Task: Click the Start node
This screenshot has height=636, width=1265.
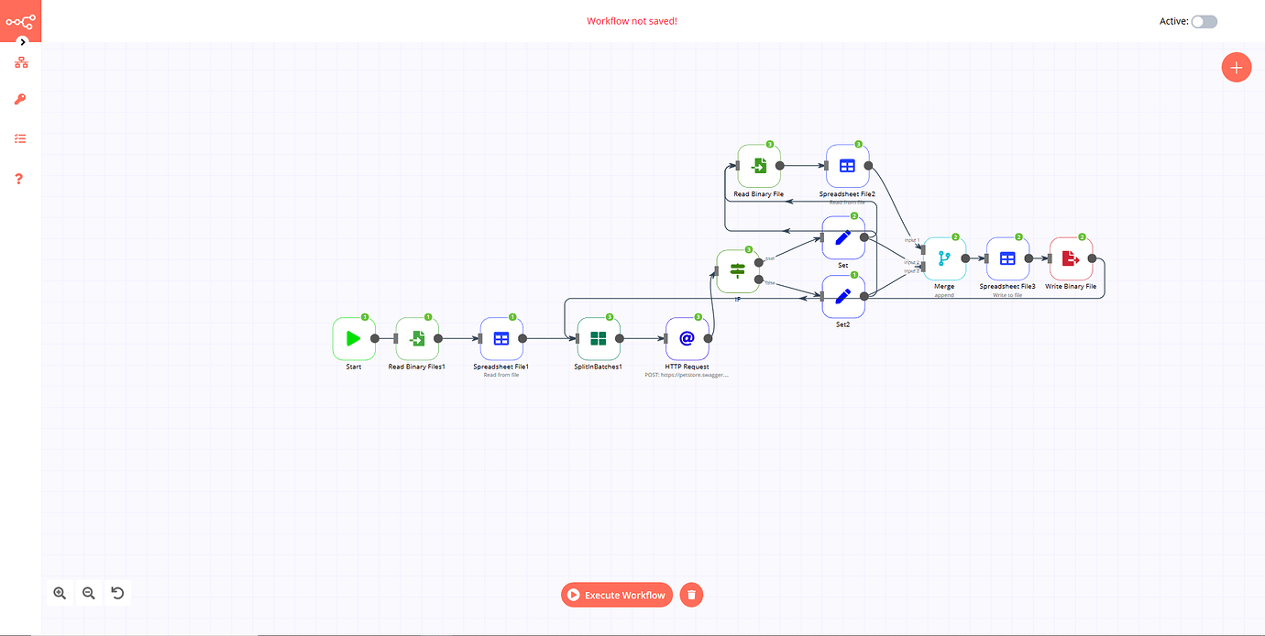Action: (x=354, y=338)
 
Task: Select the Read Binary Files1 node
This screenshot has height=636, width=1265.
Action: (x=417, y=338)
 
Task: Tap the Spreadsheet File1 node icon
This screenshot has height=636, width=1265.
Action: (x=501, y=338)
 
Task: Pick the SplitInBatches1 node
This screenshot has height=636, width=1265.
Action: (x=599, y=338)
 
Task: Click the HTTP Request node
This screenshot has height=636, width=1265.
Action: (x=687, y=338)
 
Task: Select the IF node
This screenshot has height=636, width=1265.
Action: (x=738, y=270)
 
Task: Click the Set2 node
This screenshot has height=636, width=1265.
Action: (x=843, y=296)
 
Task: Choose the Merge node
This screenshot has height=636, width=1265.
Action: (x=944, y=258)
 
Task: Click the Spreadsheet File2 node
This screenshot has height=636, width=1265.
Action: (x=847, y=166)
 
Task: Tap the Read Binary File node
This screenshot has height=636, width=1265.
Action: (x=759, y=166)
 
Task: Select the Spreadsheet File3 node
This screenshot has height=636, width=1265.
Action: (x=1007, y=258)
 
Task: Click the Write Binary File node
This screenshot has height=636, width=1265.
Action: (x=1071, y=258)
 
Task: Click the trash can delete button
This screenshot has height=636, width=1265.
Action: (x=692, y=595)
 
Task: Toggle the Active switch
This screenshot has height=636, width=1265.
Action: (x=1204, y=21)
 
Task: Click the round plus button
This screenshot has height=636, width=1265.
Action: (x=1236, y=67)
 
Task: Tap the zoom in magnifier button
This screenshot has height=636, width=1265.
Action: (x=60, y=593)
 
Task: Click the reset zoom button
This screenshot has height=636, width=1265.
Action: (x=117, y=593)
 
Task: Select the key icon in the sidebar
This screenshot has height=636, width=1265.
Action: (x=20, y=99)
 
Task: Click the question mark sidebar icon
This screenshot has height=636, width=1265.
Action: (x=20, y=179)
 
